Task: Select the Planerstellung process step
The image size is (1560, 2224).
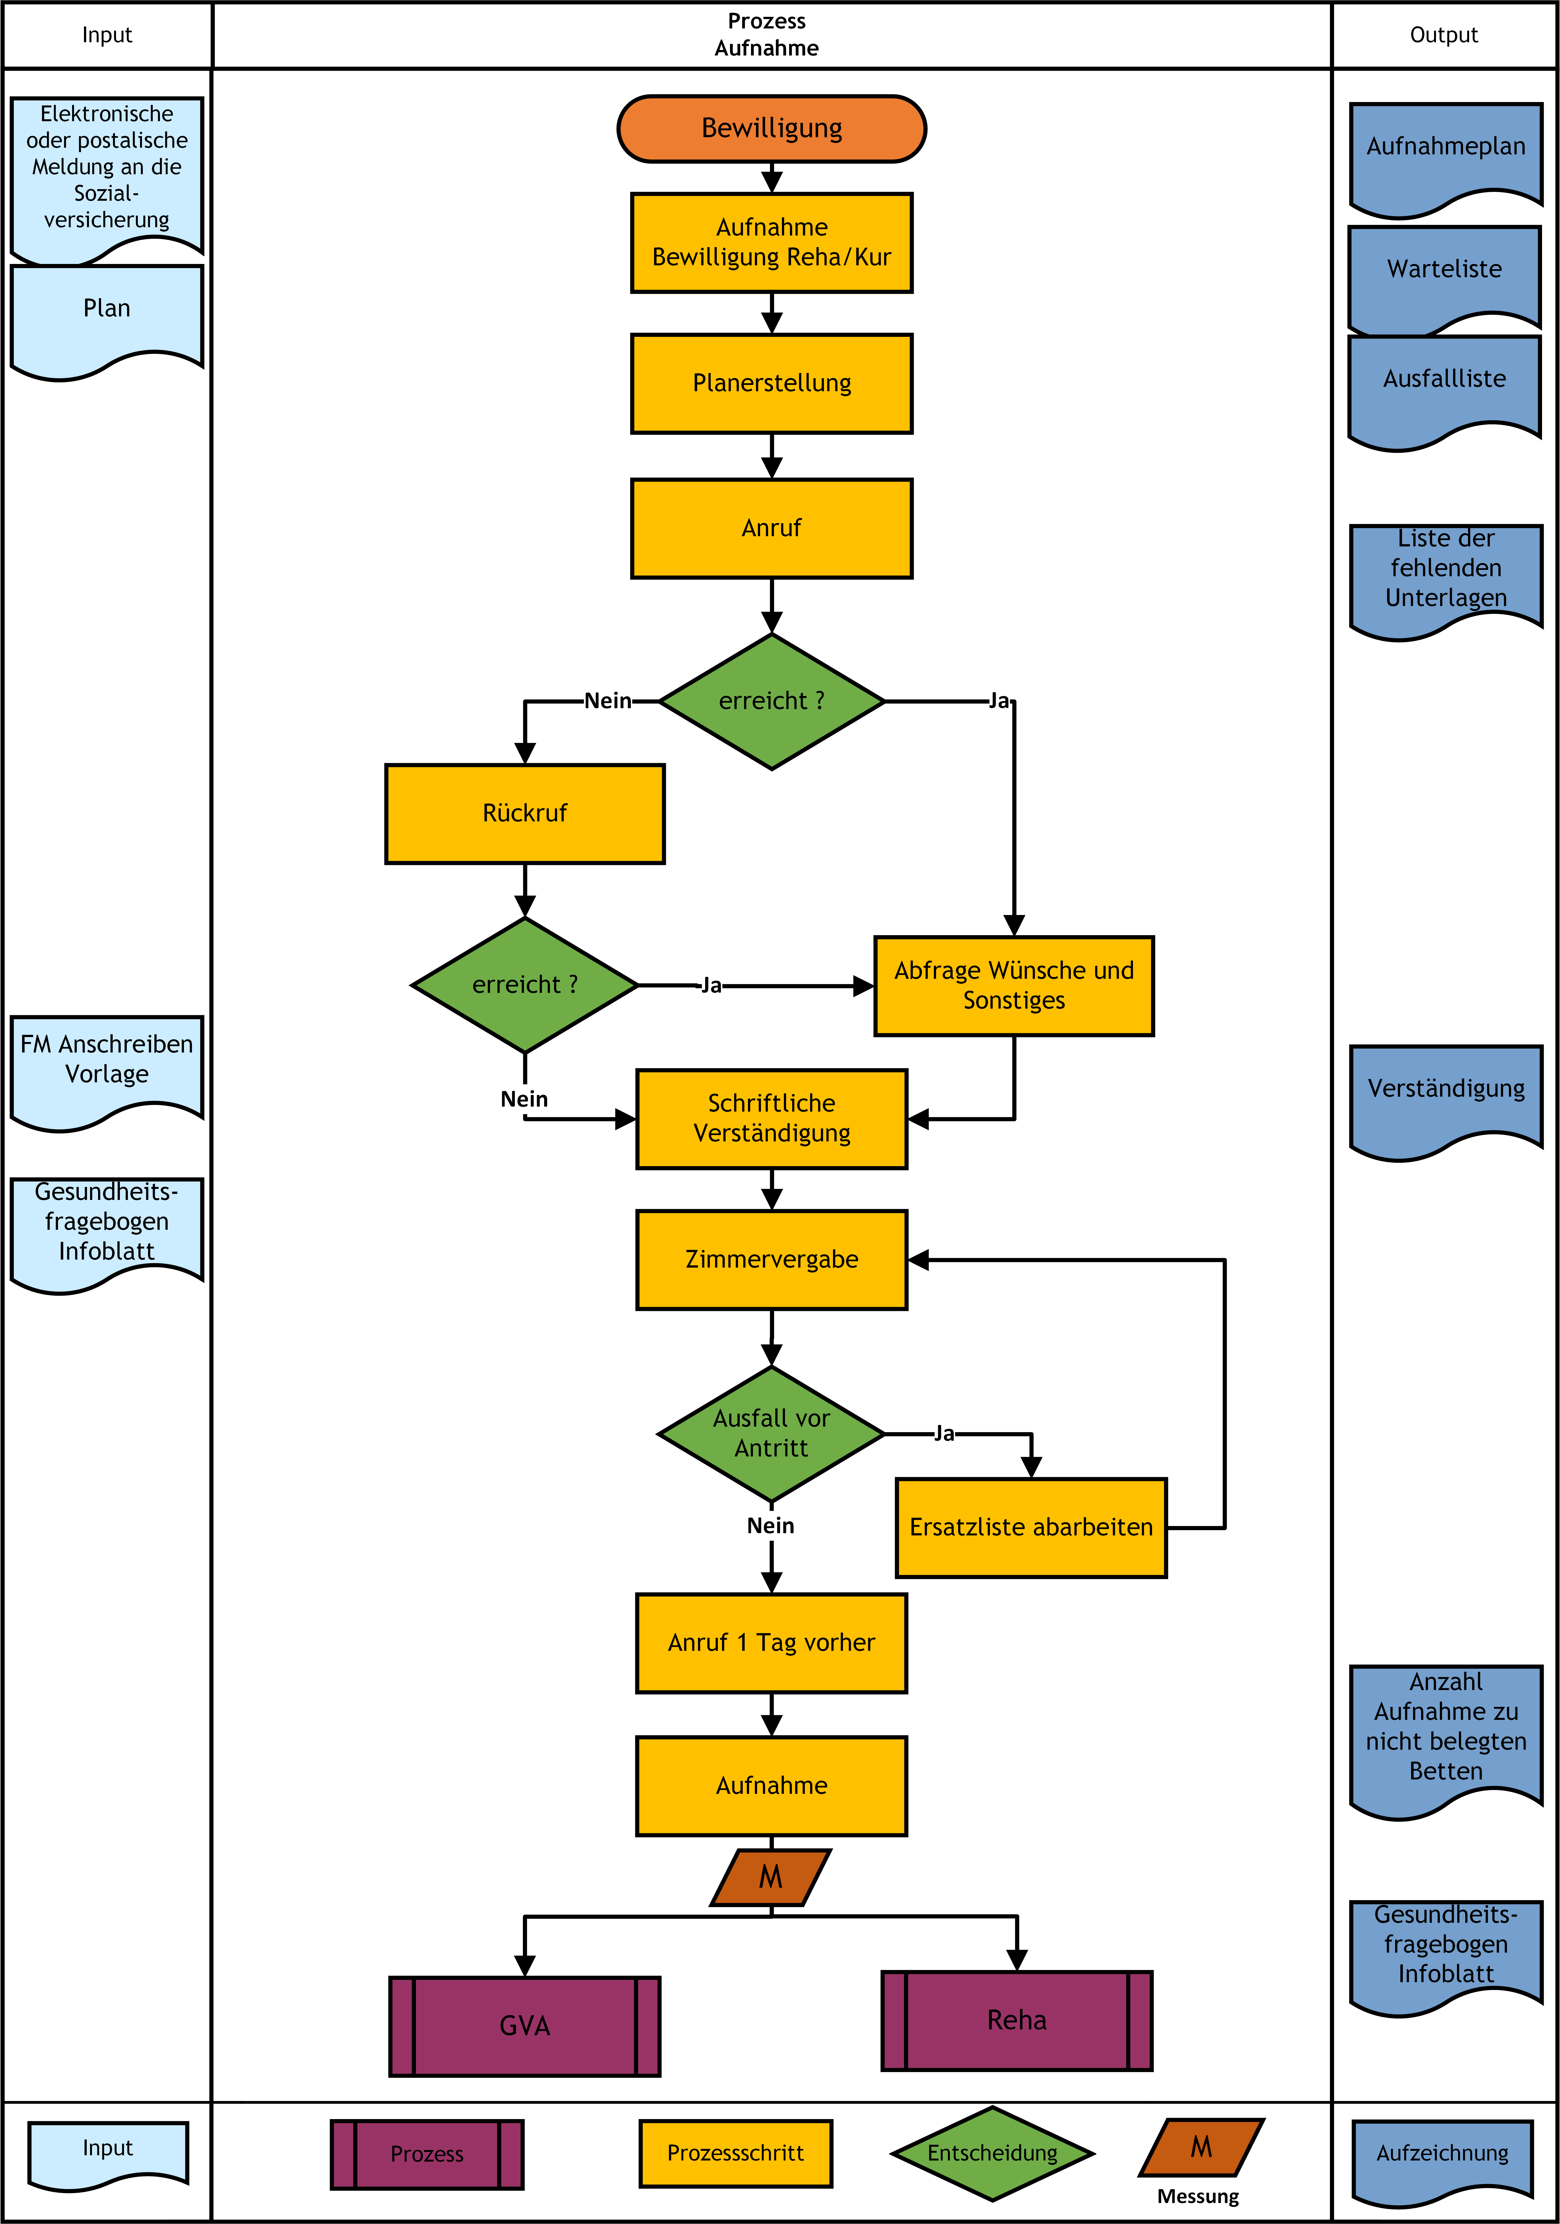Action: [x=771, y=384]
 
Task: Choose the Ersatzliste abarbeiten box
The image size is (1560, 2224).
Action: [x=1031, y=1528]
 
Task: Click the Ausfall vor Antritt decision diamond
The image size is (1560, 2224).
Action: [x=771, y=1434]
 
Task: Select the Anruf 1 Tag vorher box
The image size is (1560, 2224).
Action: [x=771, y=1643]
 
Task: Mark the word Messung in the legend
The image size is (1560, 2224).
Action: [x=1198, y=2196]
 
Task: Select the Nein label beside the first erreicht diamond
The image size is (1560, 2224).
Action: [x=608, y=700]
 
